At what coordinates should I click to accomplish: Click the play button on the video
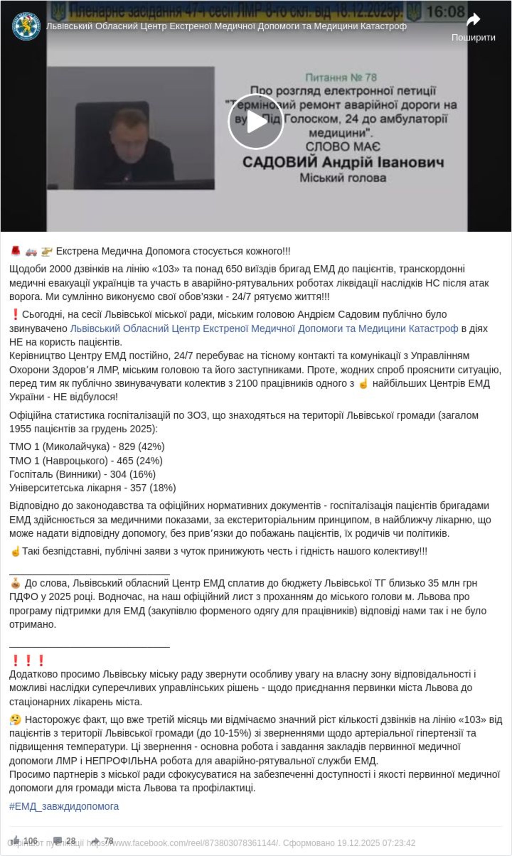[256, 121]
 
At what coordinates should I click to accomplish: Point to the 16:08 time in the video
[445, 12]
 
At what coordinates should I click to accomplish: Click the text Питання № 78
[341, 77]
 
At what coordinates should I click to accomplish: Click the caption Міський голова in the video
[343, 178]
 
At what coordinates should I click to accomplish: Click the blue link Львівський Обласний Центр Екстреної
[264, 328]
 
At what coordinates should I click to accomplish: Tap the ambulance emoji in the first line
[31, 251]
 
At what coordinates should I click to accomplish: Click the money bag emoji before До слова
[15, 583]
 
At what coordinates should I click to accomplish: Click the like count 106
[30, 841]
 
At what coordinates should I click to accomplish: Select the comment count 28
[71, 841]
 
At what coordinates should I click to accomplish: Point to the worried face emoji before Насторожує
[15, 720]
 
